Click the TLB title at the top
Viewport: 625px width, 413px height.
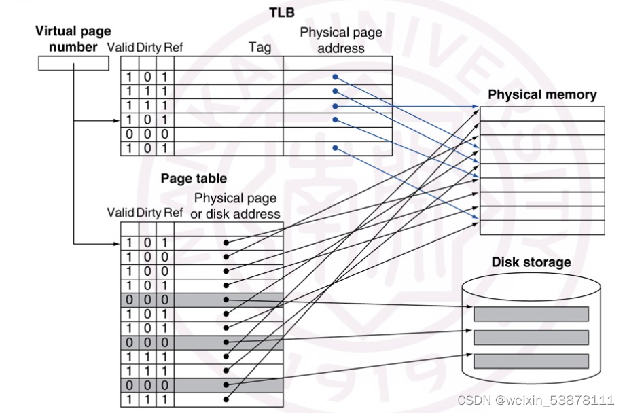[281, 12]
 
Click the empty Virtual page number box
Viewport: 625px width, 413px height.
[73, 63]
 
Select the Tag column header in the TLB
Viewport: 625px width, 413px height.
[260, 48]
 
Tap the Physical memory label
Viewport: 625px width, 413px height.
[541, 95]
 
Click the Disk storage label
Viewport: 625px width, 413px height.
[531, 262]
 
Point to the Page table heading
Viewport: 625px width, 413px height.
[194, 179]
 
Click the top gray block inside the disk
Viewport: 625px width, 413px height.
[531, 314]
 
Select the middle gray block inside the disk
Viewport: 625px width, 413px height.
[531, 337]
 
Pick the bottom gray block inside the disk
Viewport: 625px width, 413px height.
[531, 361]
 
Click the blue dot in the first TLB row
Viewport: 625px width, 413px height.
[335, 77]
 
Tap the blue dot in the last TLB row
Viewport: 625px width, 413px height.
[335, 147]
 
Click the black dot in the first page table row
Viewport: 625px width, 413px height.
[226, 243]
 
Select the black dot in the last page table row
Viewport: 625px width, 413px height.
[226, 399]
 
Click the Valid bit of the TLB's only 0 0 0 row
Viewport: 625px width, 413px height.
[129, 134]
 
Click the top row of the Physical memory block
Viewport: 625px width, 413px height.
[542, 113]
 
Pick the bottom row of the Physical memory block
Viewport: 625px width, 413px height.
[542, 228]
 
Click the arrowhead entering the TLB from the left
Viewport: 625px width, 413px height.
[117, 121]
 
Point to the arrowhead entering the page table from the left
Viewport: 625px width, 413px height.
[117, 243]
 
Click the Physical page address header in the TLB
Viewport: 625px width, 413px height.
[341, 40]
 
